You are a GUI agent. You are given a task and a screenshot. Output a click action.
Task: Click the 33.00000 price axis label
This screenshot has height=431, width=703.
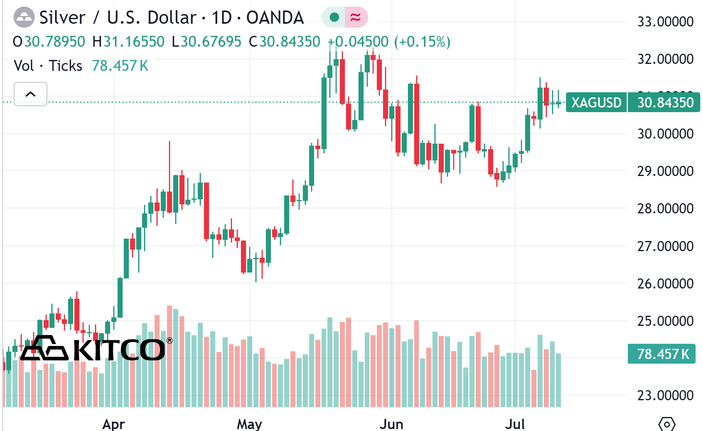(x=665, y=21)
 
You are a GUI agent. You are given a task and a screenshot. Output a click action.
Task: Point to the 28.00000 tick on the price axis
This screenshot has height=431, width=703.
(x=665, y=209)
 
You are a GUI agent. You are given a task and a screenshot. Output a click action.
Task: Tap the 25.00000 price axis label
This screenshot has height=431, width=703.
(x=665, y=321)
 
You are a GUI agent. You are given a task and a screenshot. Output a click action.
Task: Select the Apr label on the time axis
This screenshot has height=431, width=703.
(x=113, y=424)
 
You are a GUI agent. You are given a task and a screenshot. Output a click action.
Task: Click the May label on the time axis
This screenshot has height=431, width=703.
(x=250, y=424)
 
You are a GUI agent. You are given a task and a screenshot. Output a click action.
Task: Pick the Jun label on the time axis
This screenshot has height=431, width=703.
(x=391, y=424)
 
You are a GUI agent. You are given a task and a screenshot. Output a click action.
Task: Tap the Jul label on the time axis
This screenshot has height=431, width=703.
(x=515, y=424)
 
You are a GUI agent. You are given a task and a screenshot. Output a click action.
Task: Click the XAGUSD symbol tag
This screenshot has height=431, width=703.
(x=596, y=102)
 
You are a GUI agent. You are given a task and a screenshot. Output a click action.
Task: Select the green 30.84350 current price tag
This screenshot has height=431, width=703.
(x=665, y=102)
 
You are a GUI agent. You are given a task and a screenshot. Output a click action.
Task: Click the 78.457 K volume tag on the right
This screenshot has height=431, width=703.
(x=662, y=354)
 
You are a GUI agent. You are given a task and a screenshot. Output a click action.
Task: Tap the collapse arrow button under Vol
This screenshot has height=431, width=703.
(x=30, y=94)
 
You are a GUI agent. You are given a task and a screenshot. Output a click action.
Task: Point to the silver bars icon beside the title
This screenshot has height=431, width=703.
(x=24, y=18)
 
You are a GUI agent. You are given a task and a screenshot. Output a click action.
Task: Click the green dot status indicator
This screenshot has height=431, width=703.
(x=334, y=17)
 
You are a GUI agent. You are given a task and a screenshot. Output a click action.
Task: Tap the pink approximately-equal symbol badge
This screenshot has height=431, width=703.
(x=356, y=17)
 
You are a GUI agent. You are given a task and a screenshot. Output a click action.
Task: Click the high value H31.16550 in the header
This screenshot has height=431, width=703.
(x=128, y=42)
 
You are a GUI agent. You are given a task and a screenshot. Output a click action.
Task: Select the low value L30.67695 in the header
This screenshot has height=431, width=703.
(x=207, y=42)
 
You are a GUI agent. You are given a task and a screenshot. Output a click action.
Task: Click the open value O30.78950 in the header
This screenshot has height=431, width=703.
(x=49, y=42)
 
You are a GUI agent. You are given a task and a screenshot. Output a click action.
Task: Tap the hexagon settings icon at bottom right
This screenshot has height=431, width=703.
(x=666, y=424)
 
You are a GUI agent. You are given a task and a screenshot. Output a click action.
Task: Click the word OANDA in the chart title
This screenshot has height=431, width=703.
(x=275, y=18)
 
